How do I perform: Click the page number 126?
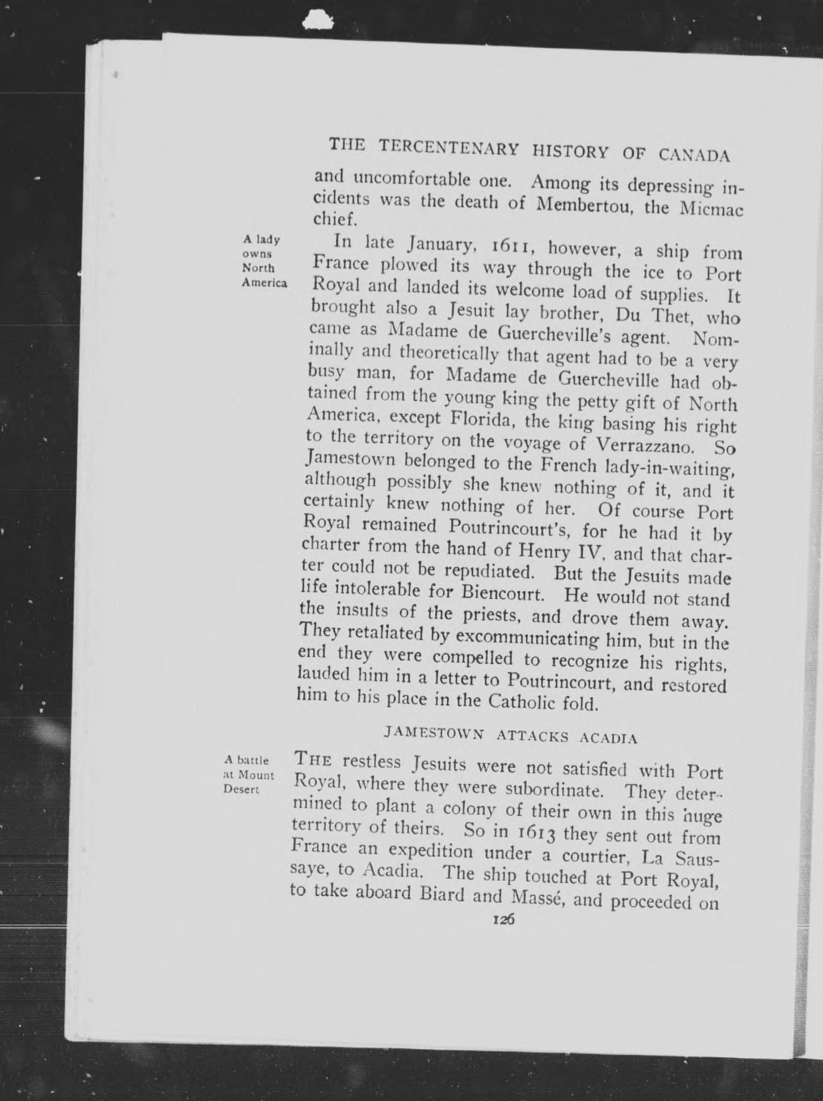click(503, 920)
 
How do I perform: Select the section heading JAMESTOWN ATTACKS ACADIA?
click(510, 736)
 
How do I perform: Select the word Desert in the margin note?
click(241, 790)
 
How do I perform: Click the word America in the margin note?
click(264, 283)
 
